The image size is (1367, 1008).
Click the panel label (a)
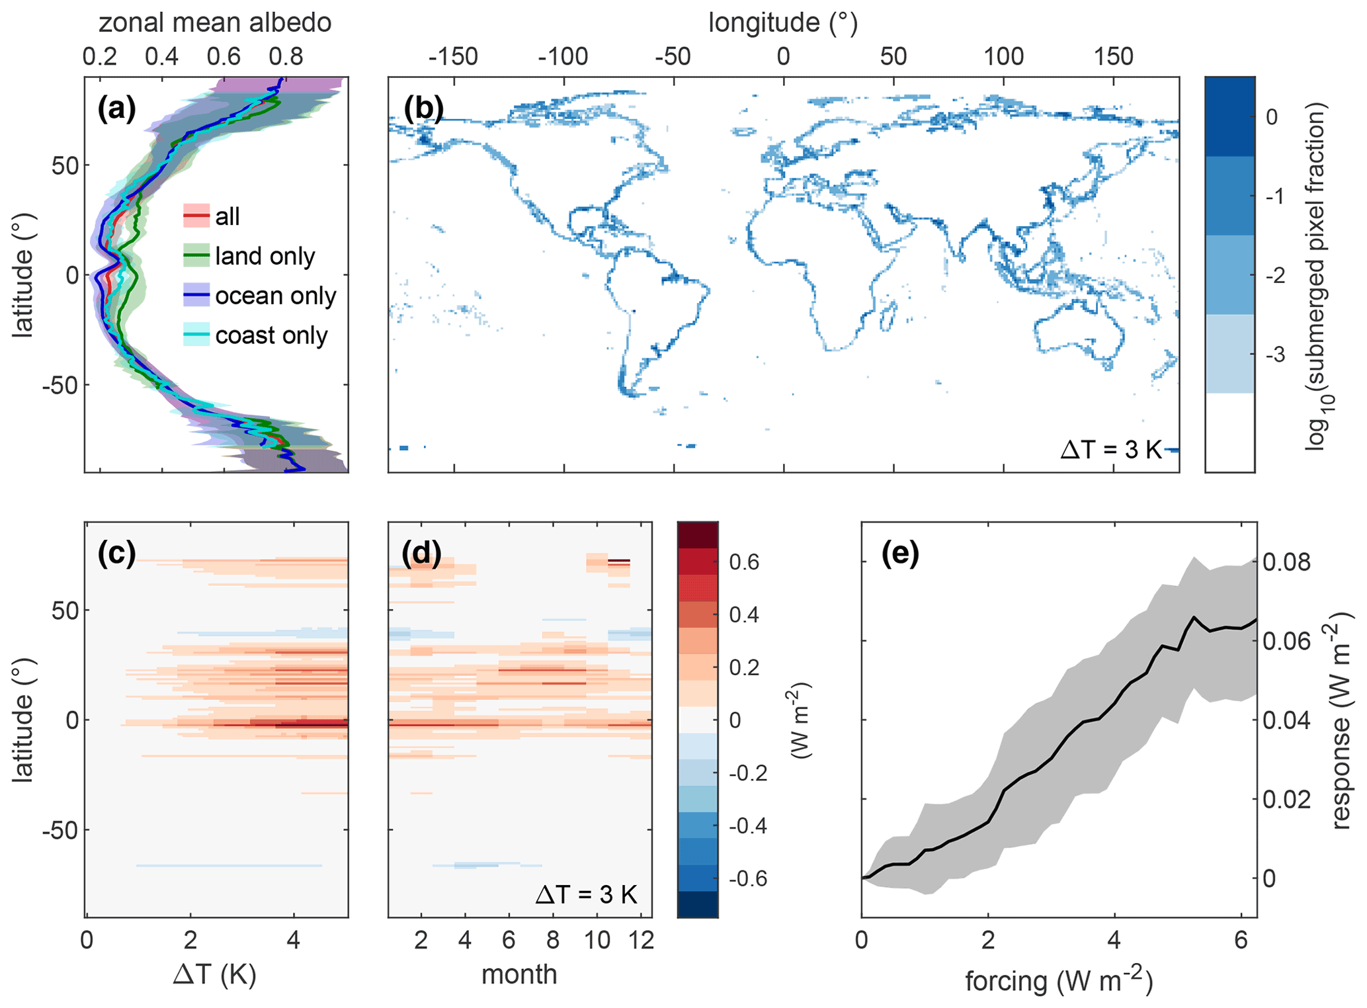[x=116, y=108]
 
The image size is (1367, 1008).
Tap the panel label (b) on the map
[x=423, y=108]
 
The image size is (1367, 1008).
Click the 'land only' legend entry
[x=265, y=256]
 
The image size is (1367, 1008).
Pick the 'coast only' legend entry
[x=271, y=335]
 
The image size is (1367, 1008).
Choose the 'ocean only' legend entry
[x=275, y=296]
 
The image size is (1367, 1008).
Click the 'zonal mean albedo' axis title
[x=215, y=22]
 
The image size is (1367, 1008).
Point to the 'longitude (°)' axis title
[x=783, y=22]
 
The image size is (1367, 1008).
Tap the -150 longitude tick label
[x=453, y=57]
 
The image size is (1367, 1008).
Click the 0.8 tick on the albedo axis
[x=286, y=57]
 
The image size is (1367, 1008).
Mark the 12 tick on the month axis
[x=642, y=940]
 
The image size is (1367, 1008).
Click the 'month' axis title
[x=519, y=974]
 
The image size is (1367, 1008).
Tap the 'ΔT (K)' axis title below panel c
[x=215, y=974]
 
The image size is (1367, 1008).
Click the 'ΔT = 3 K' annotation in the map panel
[x=1110, y=450]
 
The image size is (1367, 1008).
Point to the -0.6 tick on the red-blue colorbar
[x=747, y=878]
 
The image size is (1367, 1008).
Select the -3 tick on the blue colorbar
[x=1276, y=355]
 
